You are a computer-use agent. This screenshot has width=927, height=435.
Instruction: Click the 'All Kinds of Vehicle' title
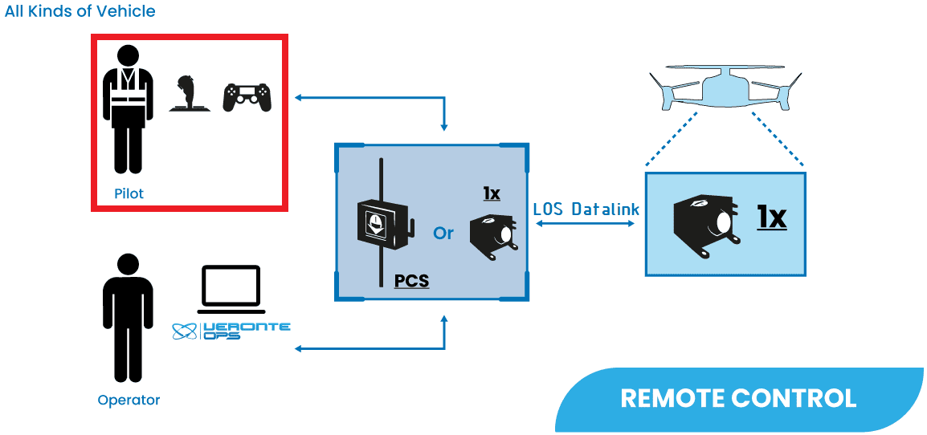pos(80,11)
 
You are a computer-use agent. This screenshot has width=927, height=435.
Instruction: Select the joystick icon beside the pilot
pos(190,95)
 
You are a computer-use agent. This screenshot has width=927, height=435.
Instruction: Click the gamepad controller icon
pos(247,97)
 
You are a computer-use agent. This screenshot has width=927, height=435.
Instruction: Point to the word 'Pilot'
pos(129,194)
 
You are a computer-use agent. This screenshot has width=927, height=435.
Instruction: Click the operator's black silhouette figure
pos(128,318)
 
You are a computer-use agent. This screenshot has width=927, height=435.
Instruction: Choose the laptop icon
pos(231,289)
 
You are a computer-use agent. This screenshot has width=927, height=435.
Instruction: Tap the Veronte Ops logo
pos(231,330)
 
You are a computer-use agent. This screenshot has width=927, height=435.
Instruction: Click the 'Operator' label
pos(129,400)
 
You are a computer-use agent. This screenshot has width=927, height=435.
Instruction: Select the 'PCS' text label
pos(411,281)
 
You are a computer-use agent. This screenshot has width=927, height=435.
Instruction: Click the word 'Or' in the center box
pos(443,233)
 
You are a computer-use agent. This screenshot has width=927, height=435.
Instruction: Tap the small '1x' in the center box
pos(492,193)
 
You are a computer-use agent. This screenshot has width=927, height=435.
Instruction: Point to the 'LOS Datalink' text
pos(586,209)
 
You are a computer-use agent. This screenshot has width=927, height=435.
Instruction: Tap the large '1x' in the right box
pos(772,217)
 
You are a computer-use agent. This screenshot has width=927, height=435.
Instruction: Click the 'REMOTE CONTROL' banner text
pos(738,398)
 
